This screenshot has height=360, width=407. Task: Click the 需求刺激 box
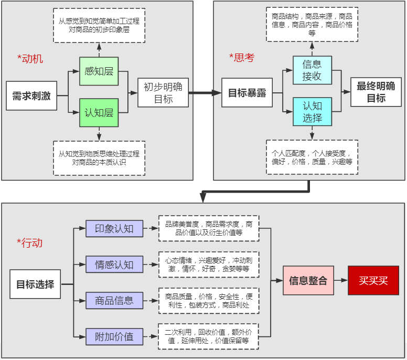click(31, 96)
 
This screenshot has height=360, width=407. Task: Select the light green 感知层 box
click(99, 71)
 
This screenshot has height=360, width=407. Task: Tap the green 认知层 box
click(99, 112)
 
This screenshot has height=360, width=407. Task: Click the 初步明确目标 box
click(163, 92)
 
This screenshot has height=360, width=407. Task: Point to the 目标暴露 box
click(247, 93)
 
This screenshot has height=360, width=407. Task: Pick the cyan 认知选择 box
click(312, 112)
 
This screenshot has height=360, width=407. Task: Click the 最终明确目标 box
click(376, 92)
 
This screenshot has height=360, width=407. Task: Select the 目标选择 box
click(35, 284)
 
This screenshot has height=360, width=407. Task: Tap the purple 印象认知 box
click(114, 229)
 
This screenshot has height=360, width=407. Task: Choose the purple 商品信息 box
click(114, 301)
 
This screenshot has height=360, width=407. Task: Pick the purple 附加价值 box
click(114, 336)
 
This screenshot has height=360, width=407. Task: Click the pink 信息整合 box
click(308, 280)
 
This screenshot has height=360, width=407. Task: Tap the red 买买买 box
click(373, 280)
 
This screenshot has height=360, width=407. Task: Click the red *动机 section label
click(30, 59)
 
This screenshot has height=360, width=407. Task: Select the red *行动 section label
click(29, 243)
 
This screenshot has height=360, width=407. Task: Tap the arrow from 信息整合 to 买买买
click(340, 280)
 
